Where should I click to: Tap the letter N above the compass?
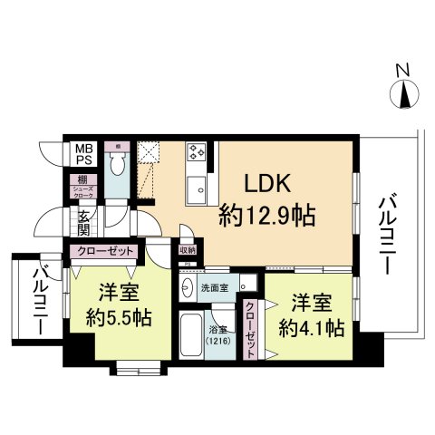pyautogui.click(x=405, y=70)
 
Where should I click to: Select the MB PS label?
pyautogui.click(x=83, y=153)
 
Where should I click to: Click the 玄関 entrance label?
pyautogui.click(x=82, y=222)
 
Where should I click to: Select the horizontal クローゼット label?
pyautogui.click(x=106, y=251)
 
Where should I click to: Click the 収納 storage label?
pyautogui.click(x=188, y=250)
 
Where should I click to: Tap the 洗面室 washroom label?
pyautogui.click(x=214, y=286)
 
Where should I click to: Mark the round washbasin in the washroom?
pyautogui.click(x=187, y=287)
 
